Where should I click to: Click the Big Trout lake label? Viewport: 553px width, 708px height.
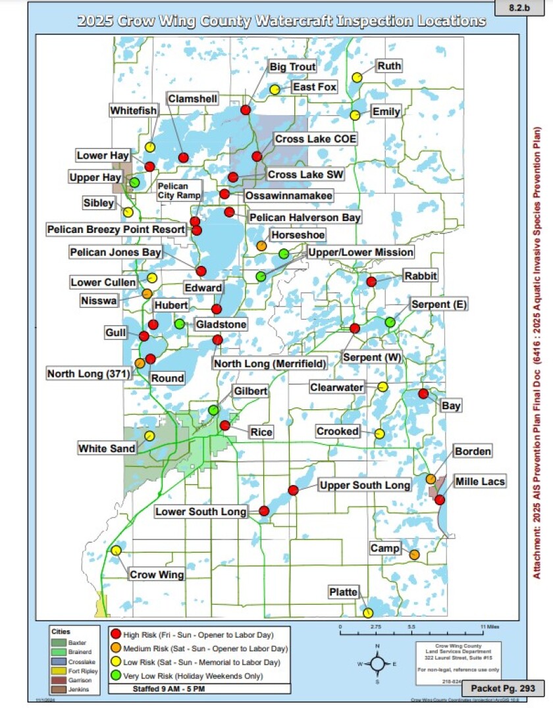click(x=293, y=67)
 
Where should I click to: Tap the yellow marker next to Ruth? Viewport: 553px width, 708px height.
click(x=357, y=77)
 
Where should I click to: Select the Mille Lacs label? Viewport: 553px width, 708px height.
click(x=480, y=482)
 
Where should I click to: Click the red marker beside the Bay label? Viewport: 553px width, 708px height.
click(x=423, y=393)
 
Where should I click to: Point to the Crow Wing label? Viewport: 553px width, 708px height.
click(x=157, y=574)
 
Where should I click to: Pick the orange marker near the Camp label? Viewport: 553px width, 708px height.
click(x=414, y=555)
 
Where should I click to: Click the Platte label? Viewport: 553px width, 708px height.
click(x=343, y=593)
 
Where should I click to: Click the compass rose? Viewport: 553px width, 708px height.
click(x=377, y=664)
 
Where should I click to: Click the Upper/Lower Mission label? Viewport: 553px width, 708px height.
click(x=361, y=253)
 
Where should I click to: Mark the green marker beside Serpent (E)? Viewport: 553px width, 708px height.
click(x=390, y=322)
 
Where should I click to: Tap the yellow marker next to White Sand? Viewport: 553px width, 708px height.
click(x=149, y=436)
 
